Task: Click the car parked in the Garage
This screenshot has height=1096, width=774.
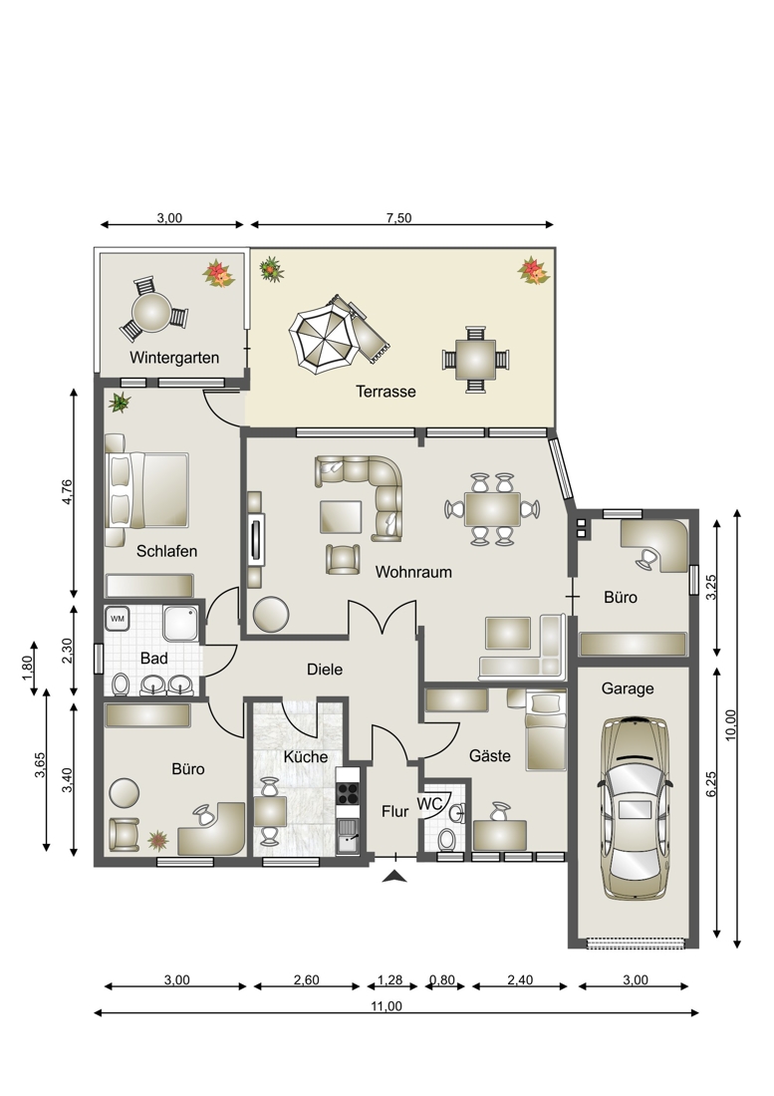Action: [635, 807]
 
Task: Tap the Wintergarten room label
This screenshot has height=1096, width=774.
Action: [174, 358]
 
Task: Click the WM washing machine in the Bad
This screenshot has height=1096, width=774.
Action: [118, 619]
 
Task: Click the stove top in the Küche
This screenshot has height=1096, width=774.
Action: [348, 792]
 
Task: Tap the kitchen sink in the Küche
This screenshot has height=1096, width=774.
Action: [348, 836]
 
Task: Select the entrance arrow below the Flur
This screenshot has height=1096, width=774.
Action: [394, 877]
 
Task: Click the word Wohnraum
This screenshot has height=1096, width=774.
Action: [413, 572]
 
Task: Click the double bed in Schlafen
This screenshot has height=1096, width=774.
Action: [147, 490]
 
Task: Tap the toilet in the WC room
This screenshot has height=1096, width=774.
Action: [446, 839]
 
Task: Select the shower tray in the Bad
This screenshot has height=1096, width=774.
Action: [181, 624]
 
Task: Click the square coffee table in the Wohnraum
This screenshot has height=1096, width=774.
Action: [341, 516]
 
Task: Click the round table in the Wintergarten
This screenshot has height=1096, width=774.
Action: [152, 312]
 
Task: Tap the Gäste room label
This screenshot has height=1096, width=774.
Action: [490, 755]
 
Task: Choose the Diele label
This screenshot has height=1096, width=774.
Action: [325, 670]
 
